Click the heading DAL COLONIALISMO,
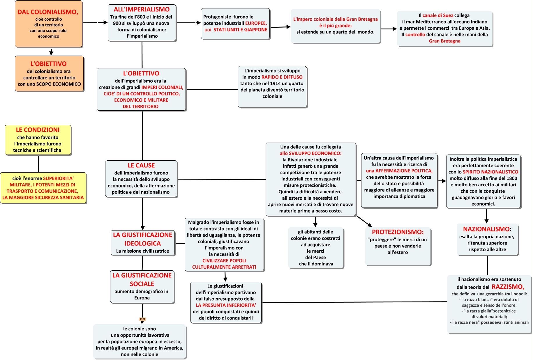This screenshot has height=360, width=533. click(x=48, y=12)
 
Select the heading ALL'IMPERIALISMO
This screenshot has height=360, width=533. click(x=142, y=9)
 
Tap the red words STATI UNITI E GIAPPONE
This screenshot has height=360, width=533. click(x=240, y=29)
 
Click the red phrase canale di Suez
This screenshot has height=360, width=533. click(x=438, y=15)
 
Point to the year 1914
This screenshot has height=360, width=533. click(x=276, y=83)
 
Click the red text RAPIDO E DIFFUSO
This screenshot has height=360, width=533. click(x=282, y=77)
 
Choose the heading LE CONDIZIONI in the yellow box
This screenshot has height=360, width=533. click(x=38, y=130)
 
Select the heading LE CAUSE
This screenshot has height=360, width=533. click(x=141, y=165)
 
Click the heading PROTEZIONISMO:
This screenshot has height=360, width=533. click(x=398, y=232)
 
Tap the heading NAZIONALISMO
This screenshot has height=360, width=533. click(x=486, y=229)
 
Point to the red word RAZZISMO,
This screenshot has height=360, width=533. click(x=508, y=287)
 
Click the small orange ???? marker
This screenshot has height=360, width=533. click(x=142, y=319)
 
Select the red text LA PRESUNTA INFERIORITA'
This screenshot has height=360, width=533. click(x=226, y=305)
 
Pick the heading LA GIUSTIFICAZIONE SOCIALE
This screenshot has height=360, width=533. click(x=142, y=279)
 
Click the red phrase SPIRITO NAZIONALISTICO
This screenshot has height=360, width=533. click(x=490, y=172)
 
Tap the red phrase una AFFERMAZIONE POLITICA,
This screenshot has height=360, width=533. click(x=399, y=171)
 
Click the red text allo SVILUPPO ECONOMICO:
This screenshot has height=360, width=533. click(x=310, y=153)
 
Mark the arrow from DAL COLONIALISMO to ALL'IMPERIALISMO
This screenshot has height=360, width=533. click(x=96, y=22)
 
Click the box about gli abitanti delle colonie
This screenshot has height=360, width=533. click(x=316, y=248)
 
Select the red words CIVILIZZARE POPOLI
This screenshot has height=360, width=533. click(x=224, y=260)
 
